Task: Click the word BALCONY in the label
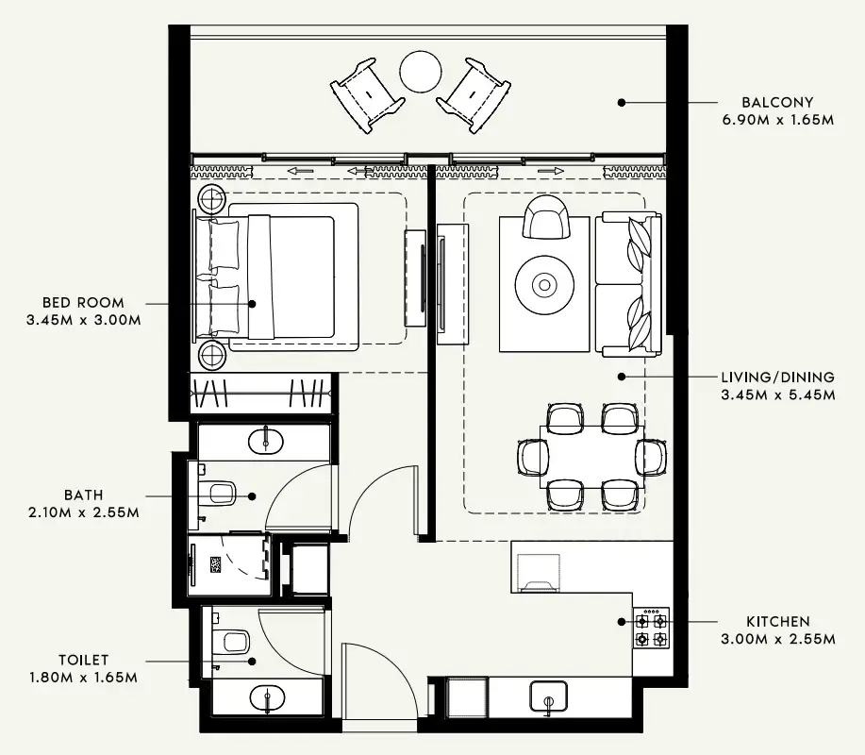(776, 102)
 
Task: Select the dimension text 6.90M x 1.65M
(776, 120)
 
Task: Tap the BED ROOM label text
(83, 303)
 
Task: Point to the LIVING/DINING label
(777, 377)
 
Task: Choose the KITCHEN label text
(777, 622)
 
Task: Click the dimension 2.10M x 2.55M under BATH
(84, 512)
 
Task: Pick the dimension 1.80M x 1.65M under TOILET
(84, 678)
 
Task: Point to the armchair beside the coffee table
(545, 219)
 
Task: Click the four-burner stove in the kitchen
(652, 630)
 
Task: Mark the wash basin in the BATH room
(265, 439)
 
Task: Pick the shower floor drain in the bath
(216, 565)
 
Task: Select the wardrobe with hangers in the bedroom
(263, 392)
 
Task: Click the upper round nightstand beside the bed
(212, 200)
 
